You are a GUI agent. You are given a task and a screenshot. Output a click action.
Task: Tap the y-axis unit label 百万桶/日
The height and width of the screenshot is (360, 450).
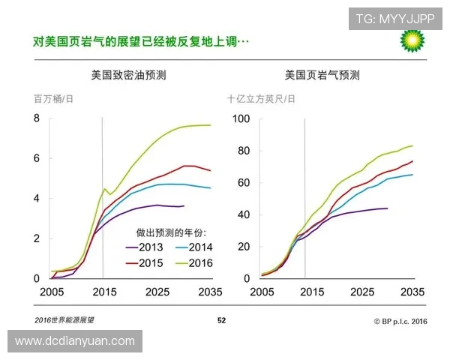(54, 99)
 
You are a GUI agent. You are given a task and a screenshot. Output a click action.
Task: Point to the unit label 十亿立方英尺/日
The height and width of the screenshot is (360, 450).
(262, 99)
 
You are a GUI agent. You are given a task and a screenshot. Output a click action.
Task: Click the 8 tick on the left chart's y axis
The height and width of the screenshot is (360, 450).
(35, 118)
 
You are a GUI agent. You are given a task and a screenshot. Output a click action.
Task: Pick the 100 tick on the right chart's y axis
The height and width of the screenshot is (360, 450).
(241, 118)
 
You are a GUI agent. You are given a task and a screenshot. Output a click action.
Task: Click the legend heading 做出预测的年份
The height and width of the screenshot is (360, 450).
(171, 232)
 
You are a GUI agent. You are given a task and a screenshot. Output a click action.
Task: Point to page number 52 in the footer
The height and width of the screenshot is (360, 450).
(221, 321)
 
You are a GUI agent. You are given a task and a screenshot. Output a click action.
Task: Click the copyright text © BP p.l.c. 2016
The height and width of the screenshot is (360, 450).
(400, 321)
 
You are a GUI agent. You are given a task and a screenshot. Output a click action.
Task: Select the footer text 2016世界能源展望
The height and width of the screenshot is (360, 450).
(64, 321)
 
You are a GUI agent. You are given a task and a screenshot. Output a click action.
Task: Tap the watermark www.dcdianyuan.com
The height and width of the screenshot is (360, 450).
(74, 341)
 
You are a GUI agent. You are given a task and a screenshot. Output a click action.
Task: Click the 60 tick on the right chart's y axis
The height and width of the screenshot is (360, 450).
(244, 182)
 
